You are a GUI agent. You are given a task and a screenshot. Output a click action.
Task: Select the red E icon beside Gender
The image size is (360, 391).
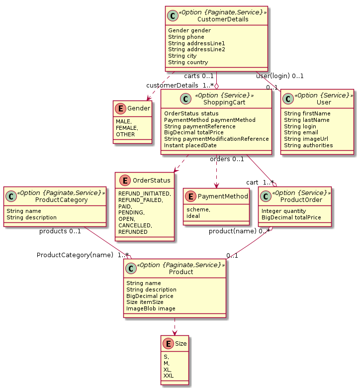[120, 108]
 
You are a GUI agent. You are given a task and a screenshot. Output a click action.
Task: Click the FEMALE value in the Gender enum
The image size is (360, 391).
[127, 128]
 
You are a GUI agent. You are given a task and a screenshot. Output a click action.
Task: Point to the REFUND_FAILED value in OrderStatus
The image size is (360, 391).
[143, 199]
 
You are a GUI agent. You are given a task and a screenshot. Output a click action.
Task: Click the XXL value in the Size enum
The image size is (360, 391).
[169, 376]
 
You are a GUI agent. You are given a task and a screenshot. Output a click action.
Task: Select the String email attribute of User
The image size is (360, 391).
[300, 132]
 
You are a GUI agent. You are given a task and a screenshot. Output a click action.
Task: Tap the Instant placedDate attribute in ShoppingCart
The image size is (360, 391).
[190, 145]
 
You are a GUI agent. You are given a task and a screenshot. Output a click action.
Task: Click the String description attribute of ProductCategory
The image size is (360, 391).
[31, 217]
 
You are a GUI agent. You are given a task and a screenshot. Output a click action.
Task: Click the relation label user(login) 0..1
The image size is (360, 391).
[279, 76]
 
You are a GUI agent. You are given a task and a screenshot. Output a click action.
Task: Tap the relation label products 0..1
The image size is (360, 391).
[60, 231]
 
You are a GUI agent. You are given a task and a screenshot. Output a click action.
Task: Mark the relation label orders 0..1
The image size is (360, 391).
[227, 159]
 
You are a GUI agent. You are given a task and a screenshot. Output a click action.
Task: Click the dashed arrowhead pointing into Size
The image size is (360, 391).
[174, 332]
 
